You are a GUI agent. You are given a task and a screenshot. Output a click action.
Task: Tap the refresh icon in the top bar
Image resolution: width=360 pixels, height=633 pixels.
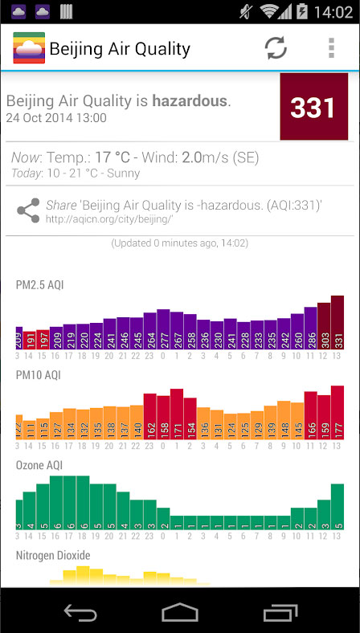coord(276,48)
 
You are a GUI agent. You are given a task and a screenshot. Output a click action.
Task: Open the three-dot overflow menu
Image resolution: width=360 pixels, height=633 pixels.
coord(331,48)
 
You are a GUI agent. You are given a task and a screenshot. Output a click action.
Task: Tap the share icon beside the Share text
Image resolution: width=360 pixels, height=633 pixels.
coord(28,211)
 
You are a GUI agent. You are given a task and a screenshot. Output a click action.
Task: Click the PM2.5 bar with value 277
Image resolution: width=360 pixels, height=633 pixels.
coord(163,330)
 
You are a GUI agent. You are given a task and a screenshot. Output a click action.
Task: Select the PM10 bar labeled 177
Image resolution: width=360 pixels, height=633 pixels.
coord(337,414)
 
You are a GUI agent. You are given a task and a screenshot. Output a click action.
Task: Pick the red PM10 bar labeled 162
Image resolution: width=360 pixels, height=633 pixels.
coord(149,416)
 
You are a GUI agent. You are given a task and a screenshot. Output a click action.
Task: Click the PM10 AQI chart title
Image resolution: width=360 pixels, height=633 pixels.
coord(39,374)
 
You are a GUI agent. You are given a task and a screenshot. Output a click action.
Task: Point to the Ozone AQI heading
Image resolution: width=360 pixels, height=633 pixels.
coord(39,465)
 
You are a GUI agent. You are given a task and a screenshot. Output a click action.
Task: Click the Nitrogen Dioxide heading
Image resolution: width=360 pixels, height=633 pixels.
coord(53,555)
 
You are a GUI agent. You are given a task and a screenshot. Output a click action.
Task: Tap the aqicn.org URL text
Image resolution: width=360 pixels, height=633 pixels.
coord(109,218)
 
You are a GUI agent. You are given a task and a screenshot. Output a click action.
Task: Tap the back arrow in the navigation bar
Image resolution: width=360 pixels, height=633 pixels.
coord(80,612)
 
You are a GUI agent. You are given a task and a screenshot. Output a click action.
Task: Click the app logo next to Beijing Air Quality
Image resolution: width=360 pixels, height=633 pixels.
coord(29,48)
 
